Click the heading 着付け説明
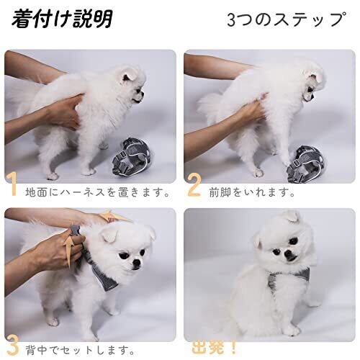pos(62,19)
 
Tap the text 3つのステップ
pos(287,19)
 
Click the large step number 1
pos(12,184)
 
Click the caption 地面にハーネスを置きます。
pos(98,193)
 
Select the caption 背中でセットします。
pos(80,351)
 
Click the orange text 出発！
pos(214,347)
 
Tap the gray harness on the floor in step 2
pos(306,163)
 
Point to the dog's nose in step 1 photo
pos(143,93)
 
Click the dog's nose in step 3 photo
pos(137,263)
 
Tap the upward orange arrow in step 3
pos(70,251)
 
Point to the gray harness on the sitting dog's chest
pos(288,278)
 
